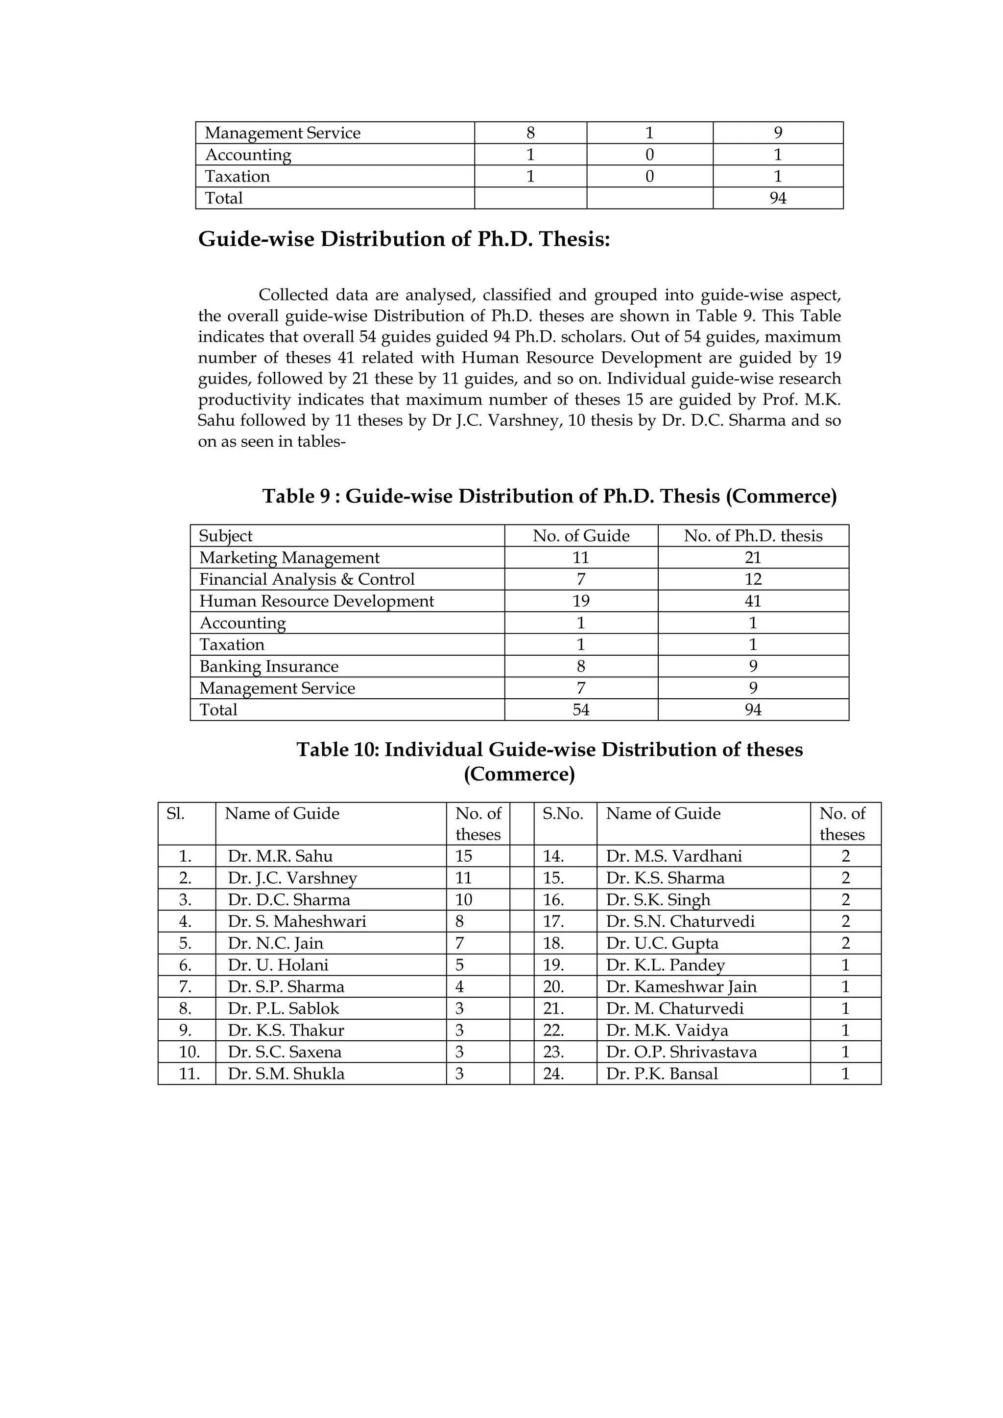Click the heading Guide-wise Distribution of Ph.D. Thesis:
[x=404, y=239]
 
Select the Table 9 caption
[x=549, y=496]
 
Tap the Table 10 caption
[x=549, y=761]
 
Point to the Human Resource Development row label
[x=316, y=601]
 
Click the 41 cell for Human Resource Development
[x=753, y=601]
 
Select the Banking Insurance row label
[x=269, y=666]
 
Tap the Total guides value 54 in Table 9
[x=581, y=709]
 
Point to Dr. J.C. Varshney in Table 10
[x=292, y=878]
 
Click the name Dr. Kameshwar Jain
[x=681, y=986]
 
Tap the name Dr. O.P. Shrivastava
[x=681, y=1052]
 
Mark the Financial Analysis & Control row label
[x=307, y=579]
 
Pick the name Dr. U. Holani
[x=278, y=965]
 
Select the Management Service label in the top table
[x=283, y=133]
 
